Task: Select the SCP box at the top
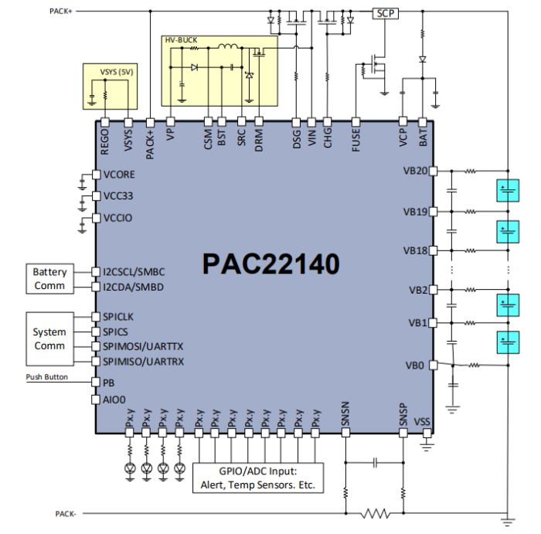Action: [x=384, y=13]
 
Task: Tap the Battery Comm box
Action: [x=49, y=279]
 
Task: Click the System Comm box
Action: [x=49, y=338]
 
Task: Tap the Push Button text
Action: [x=46, y=377]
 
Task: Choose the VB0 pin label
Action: [x=417, y=365]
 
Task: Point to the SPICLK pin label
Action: [x=120, y=317]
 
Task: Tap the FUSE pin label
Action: [x=356, y=139]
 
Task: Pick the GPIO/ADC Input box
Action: [x=258, y=478]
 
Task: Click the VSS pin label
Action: [x=422, y=421]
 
